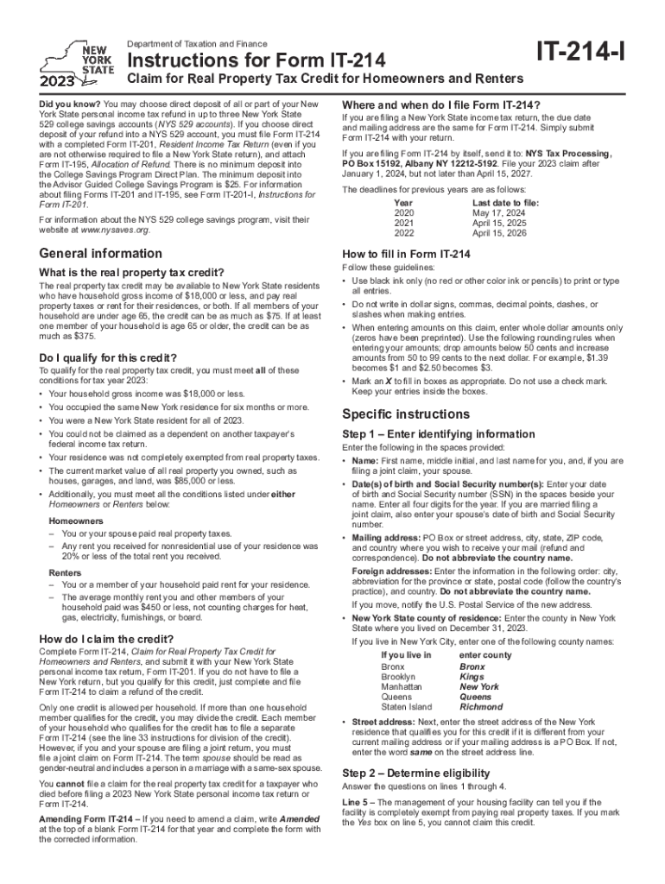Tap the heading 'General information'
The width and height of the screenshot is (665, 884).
click(101, 254)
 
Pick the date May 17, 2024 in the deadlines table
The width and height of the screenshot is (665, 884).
click(505, 212)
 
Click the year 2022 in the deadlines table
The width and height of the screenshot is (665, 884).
click(404, 233)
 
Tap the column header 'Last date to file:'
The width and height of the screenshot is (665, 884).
click(506, 201)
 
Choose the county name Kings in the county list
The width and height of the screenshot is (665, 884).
click(471, 678)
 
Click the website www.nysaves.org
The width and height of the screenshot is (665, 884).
click(112, 231)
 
